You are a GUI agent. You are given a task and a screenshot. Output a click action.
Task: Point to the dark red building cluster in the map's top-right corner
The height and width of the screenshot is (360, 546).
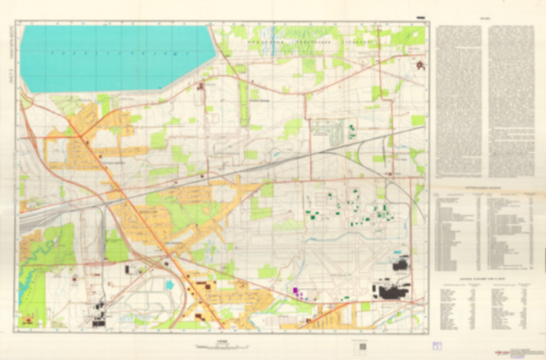coord(420,66)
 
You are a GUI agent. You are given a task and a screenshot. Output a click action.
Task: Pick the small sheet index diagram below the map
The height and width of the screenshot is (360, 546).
coord(362,346)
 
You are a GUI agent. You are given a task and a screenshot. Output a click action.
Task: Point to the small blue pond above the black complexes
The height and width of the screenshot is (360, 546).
coord(398,252)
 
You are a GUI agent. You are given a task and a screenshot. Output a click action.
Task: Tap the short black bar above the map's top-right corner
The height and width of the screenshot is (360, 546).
coord(420,18)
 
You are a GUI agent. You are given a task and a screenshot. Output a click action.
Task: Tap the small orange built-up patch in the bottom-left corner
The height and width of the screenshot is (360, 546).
coord(28,321)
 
